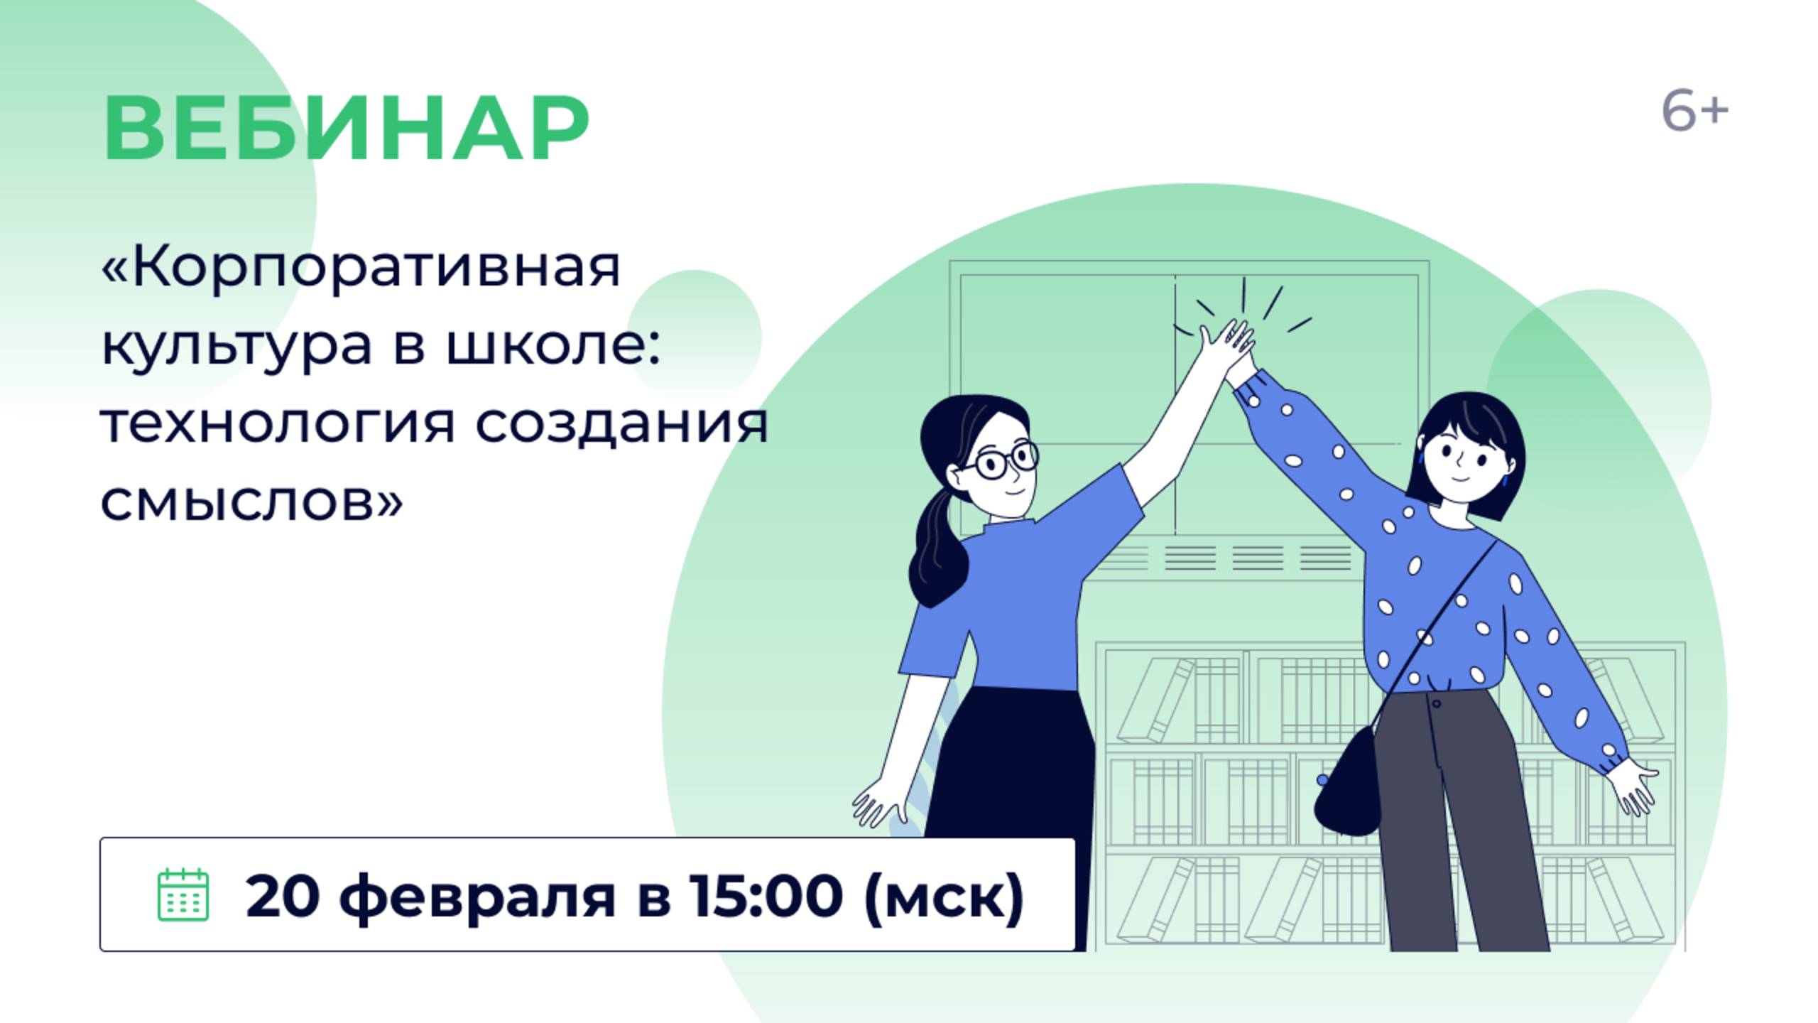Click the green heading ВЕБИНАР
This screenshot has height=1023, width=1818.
coord(346,129)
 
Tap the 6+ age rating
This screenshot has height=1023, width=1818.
coord(1694,112)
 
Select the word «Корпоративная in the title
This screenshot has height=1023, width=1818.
coord(361,269)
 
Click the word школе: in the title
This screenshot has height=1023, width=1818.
coord(554,346)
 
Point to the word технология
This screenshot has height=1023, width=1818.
coord(277,424)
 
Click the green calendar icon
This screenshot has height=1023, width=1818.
coord(183,894)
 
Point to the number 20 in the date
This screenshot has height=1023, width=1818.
coord(282,895)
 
